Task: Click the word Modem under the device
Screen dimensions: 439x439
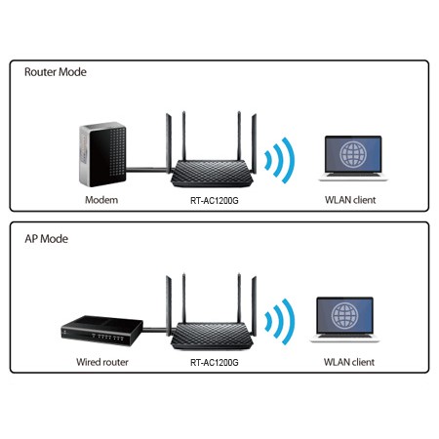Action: point(100,199)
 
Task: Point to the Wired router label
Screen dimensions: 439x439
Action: point(100,361)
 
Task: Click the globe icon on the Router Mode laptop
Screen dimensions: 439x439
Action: point(348,154)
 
